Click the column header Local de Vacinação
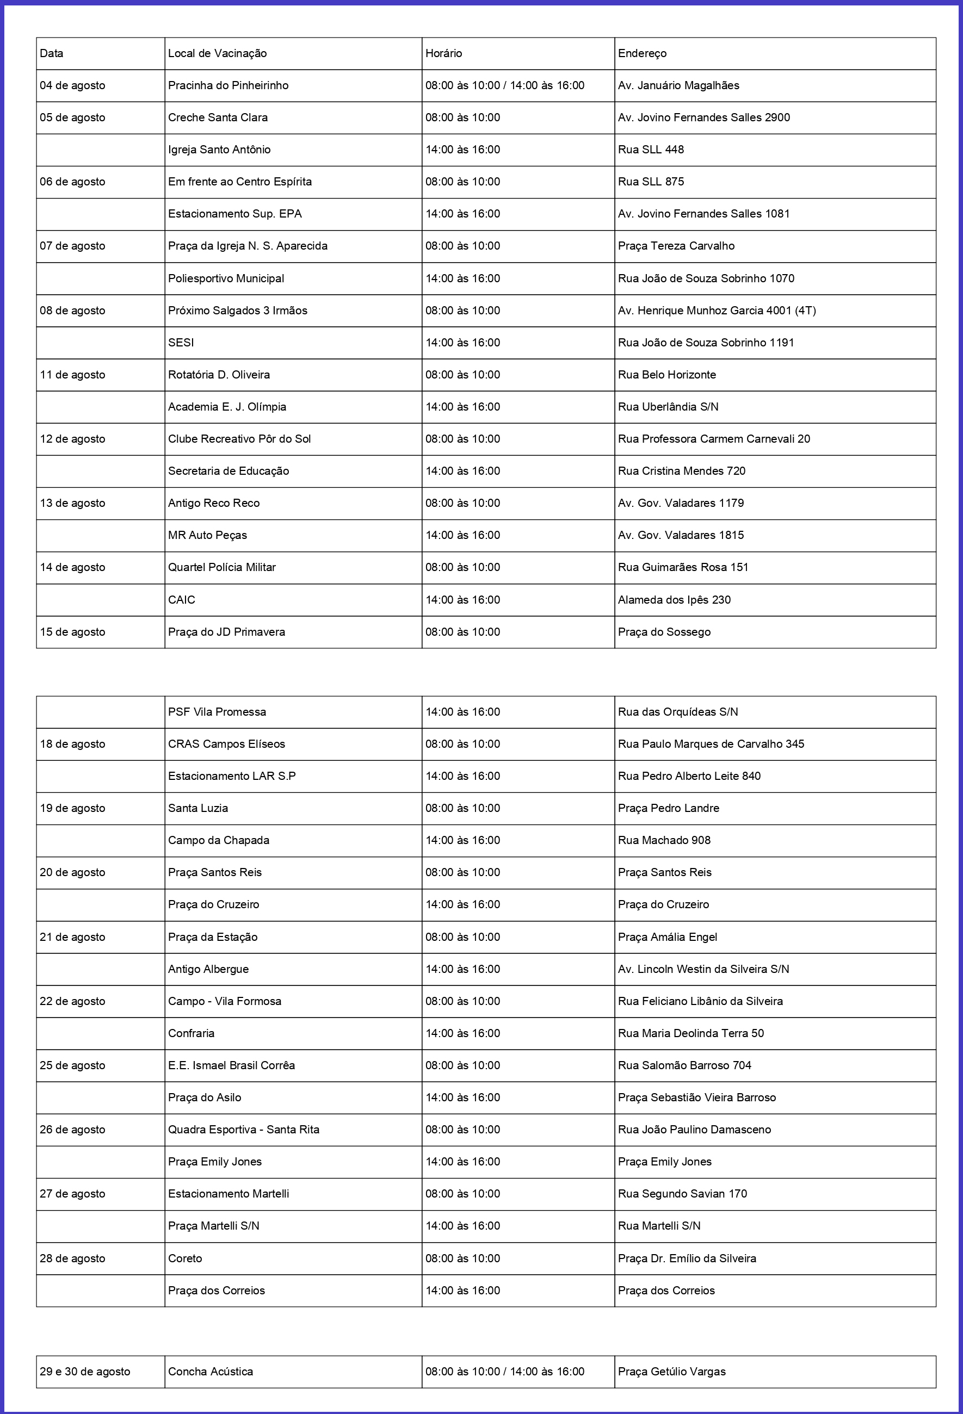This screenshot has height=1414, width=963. (217, 53)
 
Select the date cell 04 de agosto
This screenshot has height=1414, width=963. (72, 86)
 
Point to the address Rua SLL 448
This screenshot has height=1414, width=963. (651, 150)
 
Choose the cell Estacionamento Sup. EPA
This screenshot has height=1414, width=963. (235, 214)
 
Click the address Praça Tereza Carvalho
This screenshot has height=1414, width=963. (676, 246)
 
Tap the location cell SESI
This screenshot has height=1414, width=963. (181, 343)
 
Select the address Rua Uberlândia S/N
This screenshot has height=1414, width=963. (668, 407)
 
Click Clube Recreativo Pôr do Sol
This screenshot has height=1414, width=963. (239, 439)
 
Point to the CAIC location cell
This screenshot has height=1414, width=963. (181, 600)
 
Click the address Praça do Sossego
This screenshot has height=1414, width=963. (664, 632)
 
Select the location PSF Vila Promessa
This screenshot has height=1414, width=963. (217, 712)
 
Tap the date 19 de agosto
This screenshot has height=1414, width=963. (72, 808)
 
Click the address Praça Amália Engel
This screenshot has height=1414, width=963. (667, 937)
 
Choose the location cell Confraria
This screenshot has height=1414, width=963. (191, 1033)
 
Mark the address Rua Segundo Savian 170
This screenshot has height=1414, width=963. (682, 1194)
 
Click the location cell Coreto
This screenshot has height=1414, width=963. (185, 1258)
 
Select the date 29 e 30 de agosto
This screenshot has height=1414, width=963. (85, 1372)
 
